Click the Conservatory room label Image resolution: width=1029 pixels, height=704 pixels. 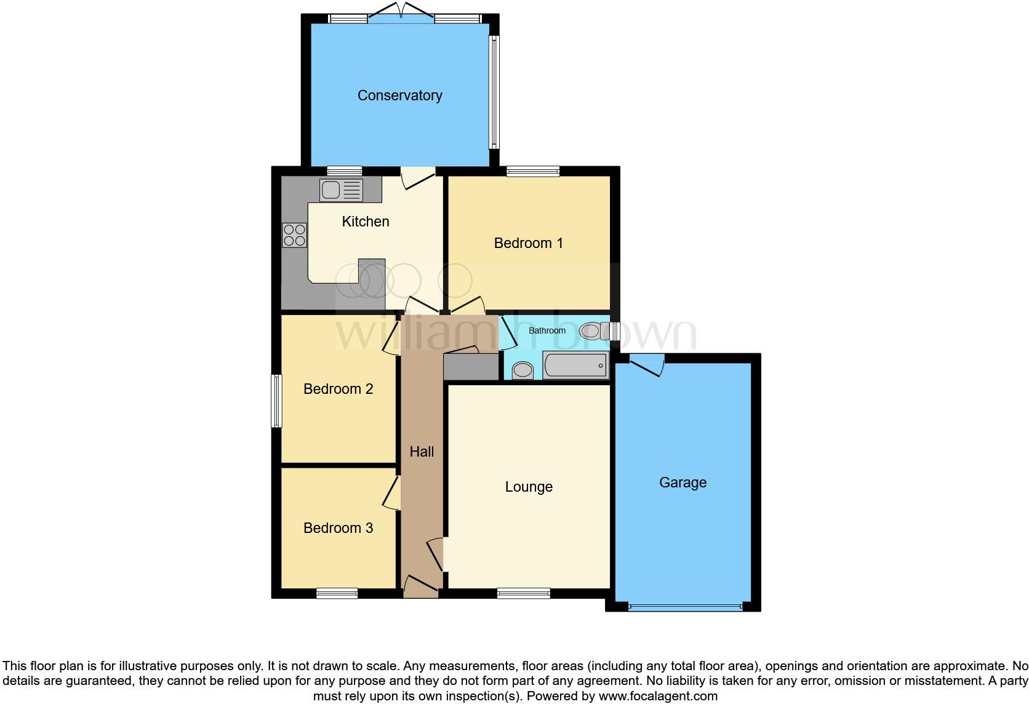click(x=399, y=95)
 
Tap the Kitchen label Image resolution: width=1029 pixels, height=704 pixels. click(x=366, y=222)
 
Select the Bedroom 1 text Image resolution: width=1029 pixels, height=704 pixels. click(x=528, y=243)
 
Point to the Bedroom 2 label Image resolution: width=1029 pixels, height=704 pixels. click(x=338, y=389)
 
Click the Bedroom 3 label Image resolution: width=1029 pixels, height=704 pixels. click(x=338, y=528)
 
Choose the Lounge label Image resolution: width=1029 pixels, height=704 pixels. click(x=529, y=487)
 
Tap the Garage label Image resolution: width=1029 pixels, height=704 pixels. click(x=683, y=482)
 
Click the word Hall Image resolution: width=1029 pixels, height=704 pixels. click(x=422, y=452)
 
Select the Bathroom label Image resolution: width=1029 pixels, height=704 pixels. click(x=547, y=330)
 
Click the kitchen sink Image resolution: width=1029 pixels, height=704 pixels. click(x=341, y=190)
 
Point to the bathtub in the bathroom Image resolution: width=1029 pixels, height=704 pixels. click(x=575, y=366)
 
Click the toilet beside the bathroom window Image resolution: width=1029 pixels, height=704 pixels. click(x=592, y=331)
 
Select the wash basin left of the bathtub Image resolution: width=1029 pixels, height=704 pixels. click(x=523, y=370)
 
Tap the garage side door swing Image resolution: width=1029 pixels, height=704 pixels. click(x=647, y=364)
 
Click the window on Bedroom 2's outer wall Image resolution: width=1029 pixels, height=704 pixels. click(x=277, y=401)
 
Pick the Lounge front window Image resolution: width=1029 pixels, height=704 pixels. click(x=524, y=593)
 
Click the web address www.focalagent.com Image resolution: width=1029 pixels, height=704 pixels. click(x=657, y=696)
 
